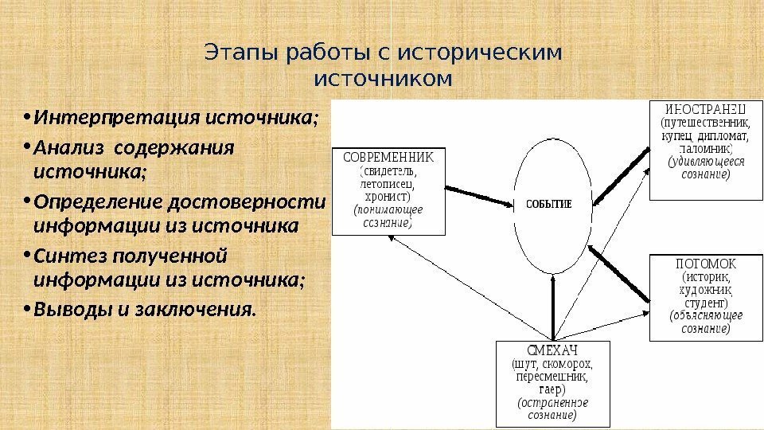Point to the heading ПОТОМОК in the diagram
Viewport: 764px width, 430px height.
(x=706, y=263)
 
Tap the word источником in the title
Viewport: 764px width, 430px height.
(x=383, y=80)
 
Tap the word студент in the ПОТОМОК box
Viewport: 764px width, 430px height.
(x=706, y=303)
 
